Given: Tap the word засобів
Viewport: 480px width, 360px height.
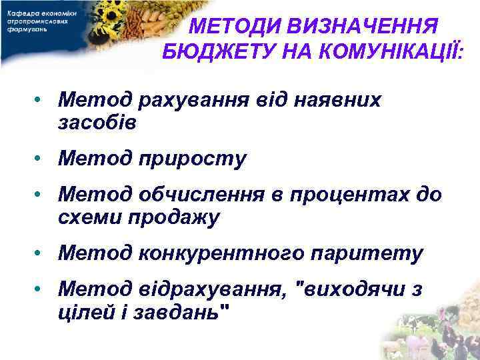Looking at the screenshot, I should pos(97,123).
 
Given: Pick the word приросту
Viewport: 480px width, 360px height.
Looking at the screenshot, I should pos(193,160).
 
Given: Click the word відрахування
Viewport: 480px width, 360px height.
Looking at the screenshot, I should pos(213,289).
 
